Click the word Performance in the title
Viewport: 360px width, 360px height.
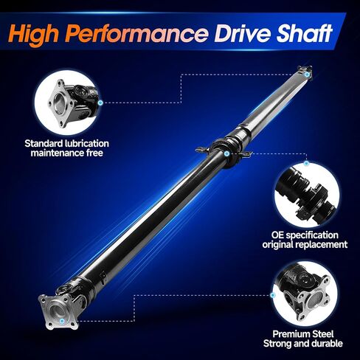coord(136,34)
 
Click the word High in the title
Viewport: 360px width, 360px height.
coord(34,34)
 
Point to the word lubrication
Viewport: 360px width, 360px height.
coord(86,143)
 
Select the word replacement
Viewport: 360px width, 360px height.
coord(321,245)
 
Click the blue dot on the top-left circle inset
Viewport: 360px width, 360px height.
coord(100,103)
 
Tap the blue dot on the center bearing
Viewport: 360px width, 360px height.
coord(227,154)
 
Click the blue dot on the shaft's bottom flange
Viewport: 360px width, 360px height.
coord(62,321)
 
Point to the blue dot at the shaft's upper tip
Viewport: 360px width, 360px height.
coord(307,74)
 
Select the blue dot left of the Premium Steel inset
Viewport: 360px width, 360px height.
coord(272,295)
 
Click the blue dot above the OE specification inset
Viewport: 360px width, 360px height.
coord(306,163)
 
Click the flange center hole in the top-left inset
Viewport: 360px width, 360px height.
coord(60,103)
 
